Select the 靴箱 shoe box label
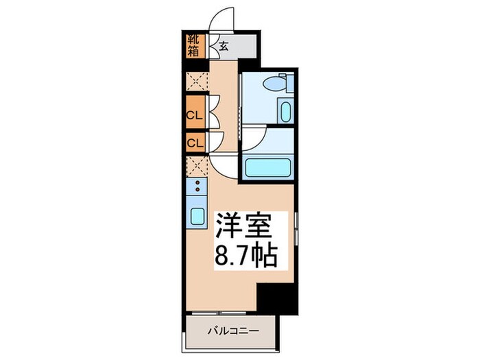pyautogui.click(x=194, y=45)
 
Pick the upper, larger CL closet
pyautogui.click(x=194, y=115)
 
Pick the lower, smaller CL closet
pyautogui.click(x=194, y=144)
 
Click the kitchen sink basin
pyautogui.click(x=197, y=217)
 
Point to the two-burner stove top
pyautogui.click(x=197, y=186)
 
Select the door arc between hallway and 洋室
pyautogui.click(x=222, y=165)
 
